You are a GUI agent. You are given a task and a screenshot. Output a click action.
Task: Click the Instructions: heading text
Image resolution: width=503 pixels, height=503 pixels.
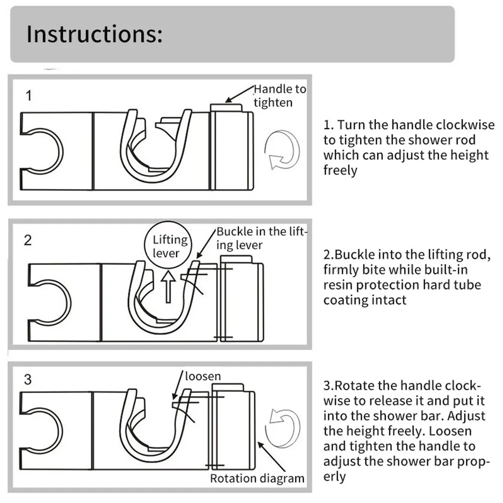pos(94,34)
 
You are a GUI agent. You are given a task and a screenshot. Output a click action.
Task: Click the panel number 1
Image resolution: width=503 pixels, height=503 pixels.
pos(29,96)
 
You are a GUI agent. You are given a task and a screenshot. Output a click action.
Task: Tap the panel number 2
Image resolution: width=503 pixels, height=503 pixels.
pos(28,240)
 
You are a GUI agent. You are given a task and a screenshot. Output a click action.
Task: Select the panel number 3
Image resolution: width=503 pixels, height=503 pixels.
pos(28,379)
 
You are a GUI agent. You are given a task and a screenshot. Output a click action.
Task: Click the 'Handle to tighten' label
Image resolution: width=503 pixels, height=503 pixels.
pos(279,96)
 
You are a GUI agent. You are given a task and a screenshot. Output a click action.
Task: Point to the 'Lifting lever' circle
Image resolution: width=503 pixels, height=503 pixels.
pos(170,246)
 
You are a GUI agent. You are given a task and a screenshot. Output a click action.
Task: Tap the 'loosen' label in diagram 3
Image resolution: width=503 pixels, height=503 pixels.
pos(203,376)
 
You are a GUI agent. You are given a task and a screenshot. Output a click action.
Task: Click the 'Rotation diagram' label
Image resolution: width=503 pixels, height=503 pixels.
pos(257,478)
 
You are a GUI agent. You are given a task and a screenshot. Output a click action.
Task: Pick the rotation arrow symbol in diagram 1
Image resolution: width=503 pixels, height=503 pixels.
pos(284,150)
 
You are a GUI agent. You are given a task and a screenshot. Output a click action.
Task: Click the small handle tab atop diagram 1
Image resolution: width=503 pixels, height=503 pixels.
pos(225,107)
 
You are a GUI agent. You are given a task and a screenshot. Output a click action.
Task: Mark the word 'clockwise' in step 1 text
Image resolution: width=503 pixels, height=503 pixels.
pos(466,125)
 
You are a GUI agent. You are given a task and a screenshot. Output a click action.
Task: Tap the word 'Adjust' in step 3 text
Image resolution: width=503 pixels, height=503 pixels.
pos(467,416)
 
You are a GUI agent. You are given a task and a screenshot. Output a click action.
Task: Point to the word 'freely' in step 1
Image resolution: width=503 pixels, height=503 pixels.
pos(340,170)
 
